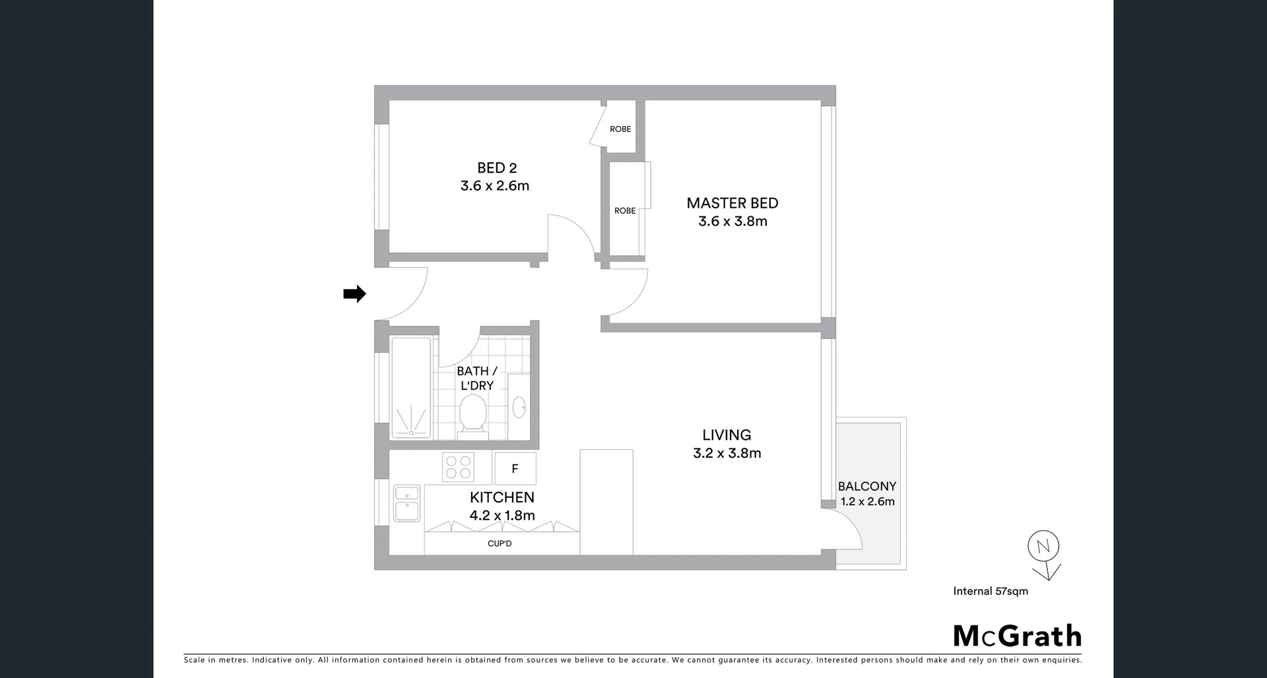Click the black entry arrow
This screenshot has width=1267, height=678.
(x=354, y=293)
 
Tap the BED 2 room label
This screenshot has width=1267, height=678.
(x=497, y=168)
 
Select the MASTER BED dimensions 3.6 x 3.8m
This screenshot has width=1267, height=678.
(x=732, y=222)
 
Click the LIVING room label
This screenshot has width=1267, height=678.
(x=727, y=435)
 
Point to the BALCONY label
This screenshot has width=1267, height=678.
(x=867, y=487)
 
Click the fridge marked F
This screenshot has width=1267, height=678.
(x=515, y=469)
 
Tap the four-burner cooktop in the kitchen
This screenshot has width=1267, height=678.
(x=458, y=468)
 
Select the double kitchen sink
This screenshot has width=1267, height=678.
(x=406, y=504)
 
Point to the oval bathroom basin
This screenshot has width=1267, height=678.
(x=519, y=407)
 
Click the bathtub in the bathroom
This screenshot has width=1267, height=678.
(x=410, y=388)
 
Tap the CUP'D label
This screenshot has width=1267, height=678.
(x=500, y=544)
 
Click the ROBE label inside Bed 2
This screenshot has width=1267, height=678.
(x=620, y=129)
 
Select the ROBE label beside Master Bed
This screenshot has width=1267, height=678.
(x=625, y=211)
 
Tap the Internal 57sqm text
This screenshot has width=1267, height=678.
(x=991, y=592)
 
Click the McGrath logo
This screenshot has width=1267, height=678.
(x=1017, y=636)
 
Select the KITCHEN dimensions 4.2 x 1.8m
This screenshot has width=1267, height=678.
(x=502, y=516)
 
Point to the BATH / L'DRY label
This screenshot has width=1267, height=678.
(x=476, y=379)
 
